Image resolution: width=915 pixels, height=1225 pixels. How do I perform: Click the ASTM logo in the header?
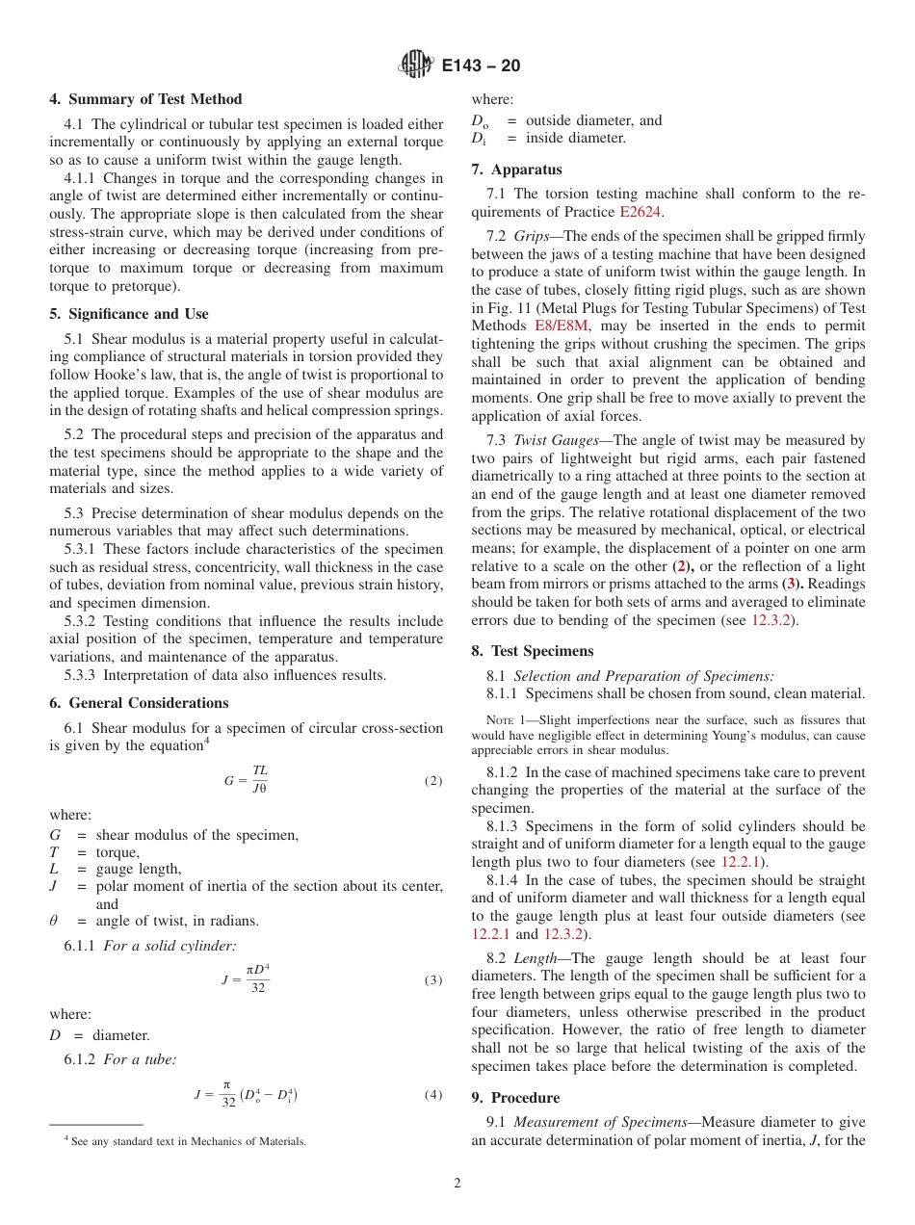click(416, 65)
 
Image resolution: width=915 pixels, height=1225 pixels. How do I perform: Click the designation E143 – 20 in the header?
click(481, 65)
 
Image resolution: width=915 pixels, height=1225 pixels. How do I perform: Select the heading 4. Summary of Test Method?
click(145, 99)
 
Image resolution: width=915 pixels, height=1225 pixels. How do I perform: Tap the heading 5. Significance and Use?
click(129, 314)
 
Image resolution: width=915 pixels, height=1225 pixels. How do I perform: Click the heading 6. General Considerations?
click(139, 703)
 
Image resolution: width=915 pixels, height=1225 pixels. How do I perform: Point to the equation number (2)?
click(433, 781)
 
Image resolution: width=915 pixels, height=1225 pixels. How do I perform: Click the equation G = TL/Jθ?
click(247, 780)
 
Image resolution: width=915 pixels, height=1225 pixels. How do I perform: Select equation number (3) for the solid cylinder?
click(433, 980)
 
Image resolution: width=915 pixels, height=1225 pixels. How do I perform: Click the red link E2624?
click(640, 212)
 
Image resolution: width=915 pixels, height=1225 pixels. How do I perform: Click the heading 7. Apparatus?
click(516, 169)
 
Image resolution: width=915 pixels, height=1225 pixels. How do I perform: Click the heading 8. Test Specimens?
click(533, 651)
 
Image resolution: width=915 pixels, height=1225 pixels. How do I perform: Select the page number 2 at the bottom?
click(457, 1184)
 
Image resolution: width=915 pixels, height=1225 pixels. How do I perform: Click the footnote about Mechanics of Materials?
click(184, 1141)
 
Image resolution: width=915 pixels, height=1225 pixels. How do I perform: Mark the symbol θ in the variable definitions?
click(54, 921)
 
